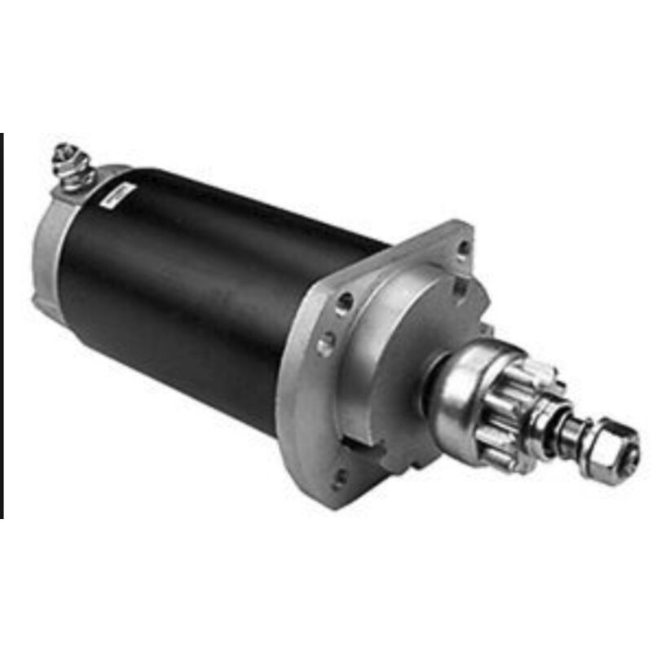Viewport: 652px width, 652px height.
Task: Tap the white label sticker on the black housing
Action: tap(121, 193)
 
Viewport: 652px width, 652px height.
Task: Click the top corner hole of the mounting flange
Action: tap(463, 247)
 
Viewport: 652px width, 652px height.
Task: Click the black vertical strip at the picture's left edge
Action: tap(2, 326)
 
